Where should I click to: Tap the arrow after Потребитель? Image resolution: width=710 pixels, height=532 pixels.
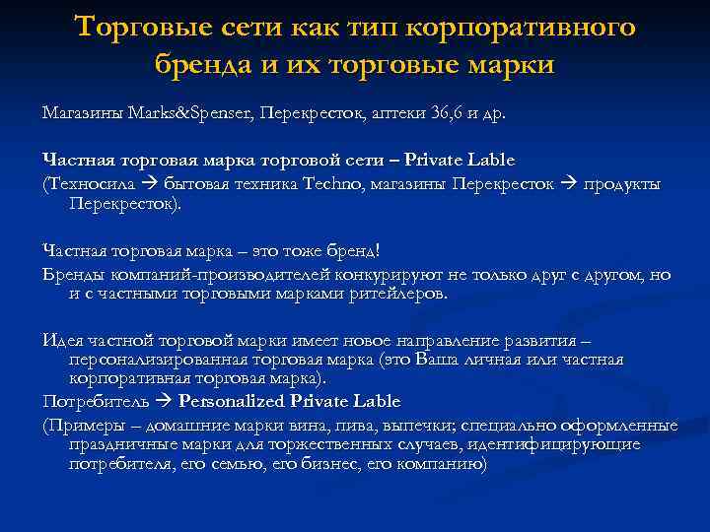point(164,402)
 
